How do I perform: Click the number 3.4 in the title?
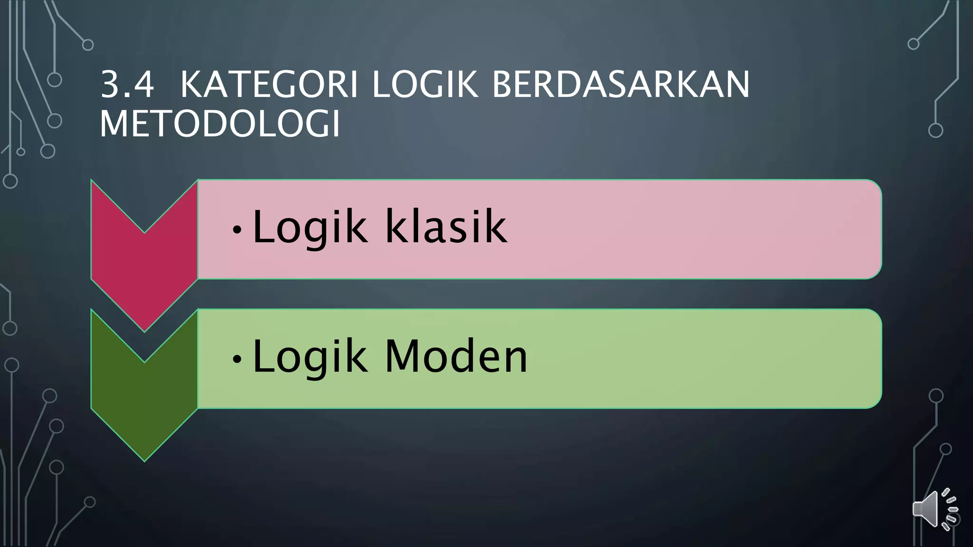click(127, 85)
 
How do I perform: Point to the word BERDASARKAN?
click(620, 85)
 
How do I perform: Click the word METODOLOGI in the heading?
click(220, 124)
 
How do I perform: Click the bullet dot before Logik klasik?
click(237, 230)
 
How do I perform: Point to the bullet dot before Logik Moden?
click(237, 360)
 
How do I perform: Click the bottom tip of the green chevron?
click(144, 460)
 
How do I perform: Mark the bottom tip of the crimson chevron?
click(144, 330)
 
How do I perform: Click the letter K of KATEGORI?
click(191, 85)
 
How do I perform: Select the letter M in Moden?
click(403, 357)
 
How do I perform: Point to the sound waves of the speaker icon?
click(950, 509)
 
